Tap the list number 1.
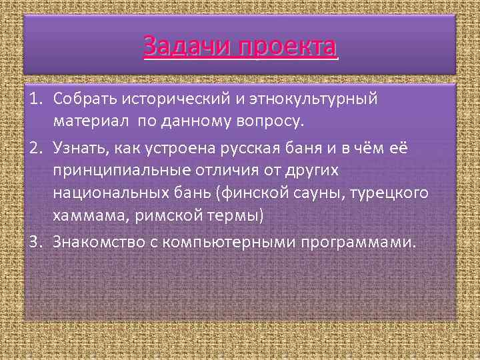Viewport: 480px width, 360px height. (35, 99)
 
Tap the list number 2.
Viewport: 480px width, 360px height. (35, 147)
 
